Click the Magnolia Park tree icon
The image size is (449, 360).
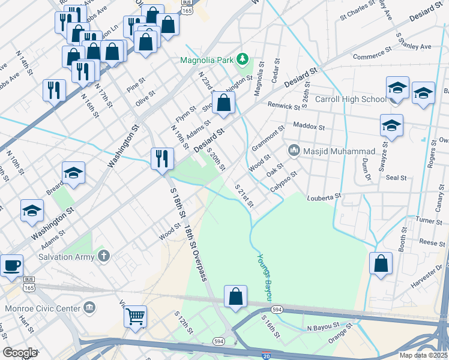[x=243, y=59]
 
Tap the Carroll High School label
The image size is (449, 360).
[x=351, y=99]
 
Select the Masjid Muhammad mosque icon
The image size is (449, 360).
[x=294, y=150]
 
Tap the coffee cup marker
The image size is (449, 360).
[x=11, y=265]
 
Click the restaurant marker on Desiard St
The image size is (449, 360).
[x=162, y=158]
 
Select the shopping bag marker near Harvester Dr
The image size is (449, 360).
[x=381, y=263]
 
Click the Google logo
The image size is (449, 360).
[x=20, y=352]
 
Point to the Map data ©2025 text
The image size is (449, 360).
[x=423, y=355]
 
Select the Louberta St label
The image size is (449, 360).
[x=324, y=196]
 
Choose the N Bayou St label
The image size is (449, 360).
[x=323, y=328]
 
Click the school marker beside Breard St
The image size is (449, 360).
[x=73, y=173]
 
